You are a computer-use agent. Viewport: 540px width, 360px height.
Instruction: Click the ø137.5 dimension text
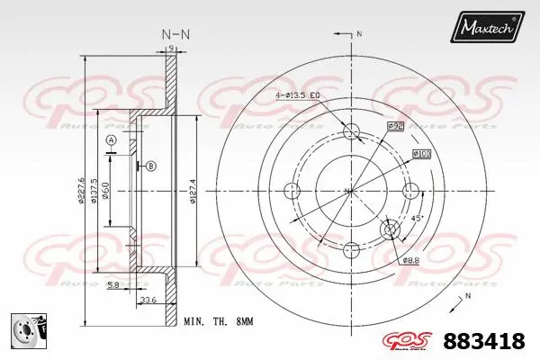coord(94,191)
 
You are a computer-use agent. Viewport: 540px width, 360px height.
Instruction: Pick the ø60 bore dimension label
coord(105,191)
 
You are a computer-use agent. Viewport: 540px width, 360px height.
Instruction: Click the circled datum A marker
coord(111,141)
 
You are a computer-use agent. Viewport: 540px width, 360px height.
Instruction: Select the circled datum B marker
coord(150,166)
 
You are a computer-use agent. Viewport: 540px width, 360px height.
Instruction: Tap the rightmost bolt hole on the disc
coord(411,190)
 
